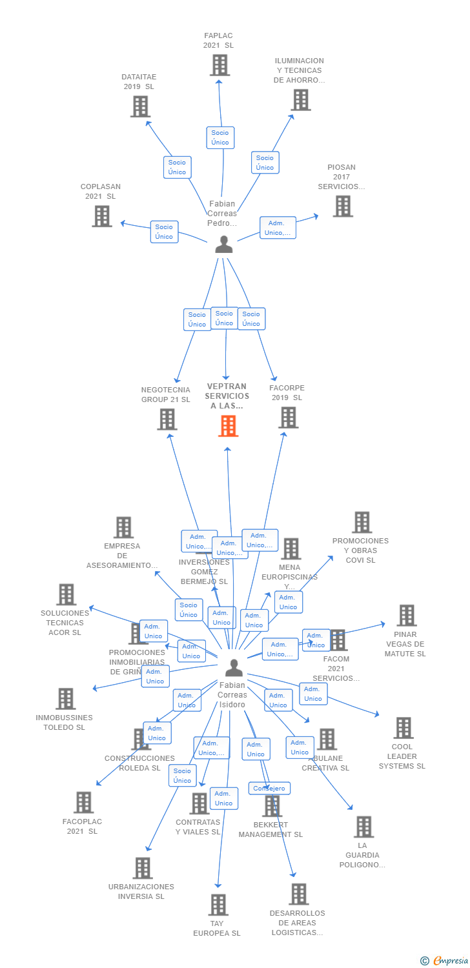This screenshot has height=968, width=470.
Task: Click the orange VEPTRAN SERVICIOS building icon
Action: [228, 426]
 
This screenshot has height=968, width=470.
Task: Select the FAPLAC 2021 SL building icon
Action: [220, 65]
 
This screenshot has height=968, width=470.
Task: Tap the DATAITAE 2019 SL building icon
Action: [140, 106]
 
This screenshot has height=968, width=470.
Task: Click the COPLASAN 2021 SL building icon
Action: [102, 216]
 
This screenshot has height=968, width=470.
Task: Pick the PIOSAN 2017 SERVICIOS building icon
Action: [342, 206]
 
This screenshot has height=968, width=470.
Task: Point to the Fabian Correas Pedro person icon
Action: [223, 245]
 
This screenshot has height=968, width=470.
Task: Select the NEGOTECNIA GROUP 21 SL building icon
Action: [167, 419]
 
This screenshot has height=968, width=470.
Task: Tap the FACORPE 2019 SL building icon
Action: [288, 418]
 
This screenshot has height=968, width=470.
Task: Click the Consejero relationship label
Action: [269, 789]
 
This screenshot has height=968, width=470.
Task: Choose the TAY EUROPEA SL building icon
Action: [218, 905]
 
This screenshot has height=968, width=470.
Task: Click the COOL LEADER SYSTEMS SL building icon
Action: [404, 728]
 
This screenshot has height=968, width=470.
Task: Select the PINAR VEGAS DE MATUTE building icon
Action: [406, 616]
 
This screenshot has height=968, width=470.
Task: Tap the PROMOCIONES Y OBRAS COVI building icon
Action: [362, 522]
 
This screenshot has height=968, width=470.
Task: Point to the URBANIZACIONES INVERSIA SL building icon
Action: [143, 868]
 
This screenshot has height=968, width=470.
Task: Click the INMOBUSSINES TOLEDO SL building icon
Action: [65, 699]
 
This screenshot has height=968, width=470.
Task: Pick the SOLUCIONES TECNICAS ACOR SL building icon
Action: [66, 594]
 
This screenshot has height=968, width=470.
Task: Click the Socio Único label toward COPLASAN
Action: [164, 232]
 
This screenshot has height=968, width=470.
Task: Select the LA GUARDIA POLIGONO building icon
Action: [363, 827]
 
